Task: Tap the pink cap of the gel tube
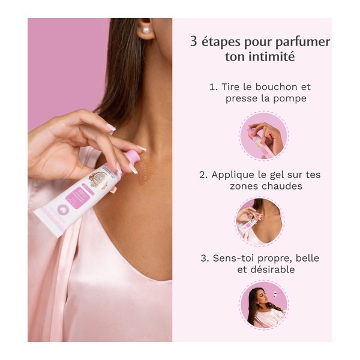132,158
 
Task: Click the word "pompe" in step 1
290,98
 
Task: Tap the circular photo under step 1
263,136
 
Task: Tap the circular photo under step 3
263,305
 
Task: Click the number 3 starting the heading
193,42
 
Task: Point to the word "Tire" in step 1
232,86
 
